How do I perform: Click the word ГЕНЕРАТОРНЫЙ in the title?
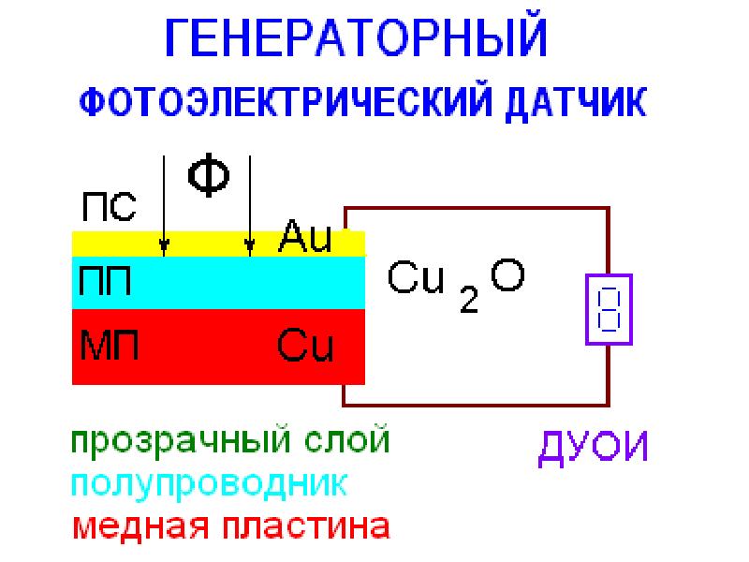tap(356, 38)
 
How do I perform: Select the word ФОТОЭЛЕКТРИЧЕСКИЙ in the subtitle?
tap(286, 102)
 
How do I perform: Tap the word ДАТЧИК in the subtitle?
tap(576, 103)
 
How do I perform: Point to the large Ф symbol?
tap(208, 175)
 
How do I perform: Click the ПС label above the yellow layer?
tap(109, 207)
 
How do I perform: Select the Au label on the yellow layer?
tap(305, 236)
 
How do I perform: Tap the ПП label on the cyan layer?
tap(105, 281)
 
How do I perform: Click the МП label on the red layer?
tap(110, 344)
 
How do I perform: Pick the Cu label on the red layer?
tap(305, 345)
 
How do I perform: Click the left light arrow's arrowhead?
tap(164, 247)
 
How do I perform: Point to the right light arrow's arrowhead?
tap(249, 247)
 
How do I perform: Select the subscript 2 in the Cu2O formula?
tap(469, 299)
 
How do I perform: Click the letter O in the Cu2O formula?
tap(507, 274)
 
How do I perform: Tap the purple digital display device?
tap(609, 309)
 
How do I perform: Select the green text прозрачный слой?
tap(230, 440)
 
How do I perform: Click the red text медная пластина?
tap(231, 527)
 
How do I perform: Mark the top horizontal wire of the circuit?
tap(477, 208)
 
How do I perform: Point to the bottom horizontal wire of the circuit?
tap(477, 405)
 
